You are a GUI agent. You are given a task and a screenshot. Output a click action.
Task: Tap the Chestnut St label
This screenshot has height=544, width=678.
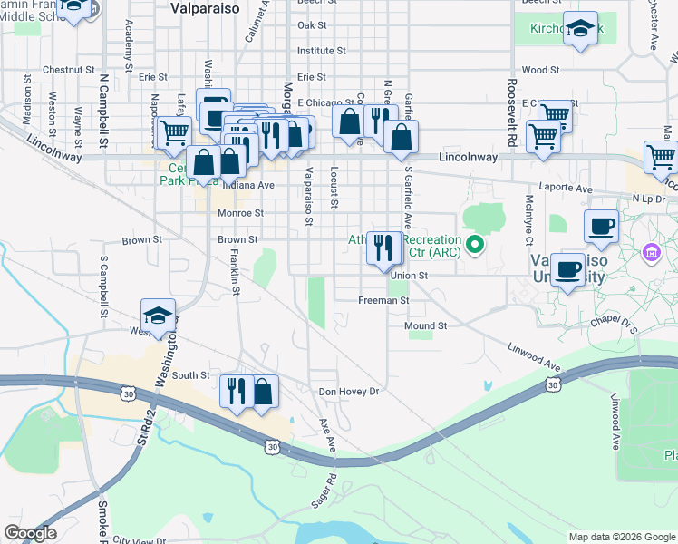pyautogui.click(x=68, y=69)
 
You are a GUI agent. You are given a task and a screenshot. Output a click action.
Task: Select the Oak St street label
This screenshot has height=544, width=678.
pyautogui.click(x=312, y=25)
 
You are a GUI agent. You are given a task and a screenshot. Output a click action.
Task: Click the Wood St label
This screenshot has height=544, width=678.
pyautogui.click(x=540, y=69)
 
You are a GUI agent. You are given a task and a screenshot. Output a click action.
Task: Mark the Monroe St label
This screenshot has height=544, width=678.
pyautogui.click(x=240, y=214)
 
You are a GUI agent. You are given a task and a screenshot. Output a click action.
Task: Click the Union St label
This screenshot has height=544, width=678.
pyautogui.click(x=410, y=276)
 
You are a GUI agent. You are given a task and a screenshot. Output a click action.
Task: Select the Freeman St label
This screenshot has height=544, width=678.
pyautogui.click(x=384, y=300)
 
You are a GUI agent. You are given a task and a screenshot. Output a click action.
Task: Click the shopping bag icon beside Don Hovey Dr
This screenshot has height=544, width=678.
pyautogui.click(x=262, y=392)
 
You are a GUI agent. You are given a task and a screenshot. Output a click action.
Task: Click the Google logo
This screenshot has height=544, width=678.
pyautogui.click(x=30, y=533)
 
